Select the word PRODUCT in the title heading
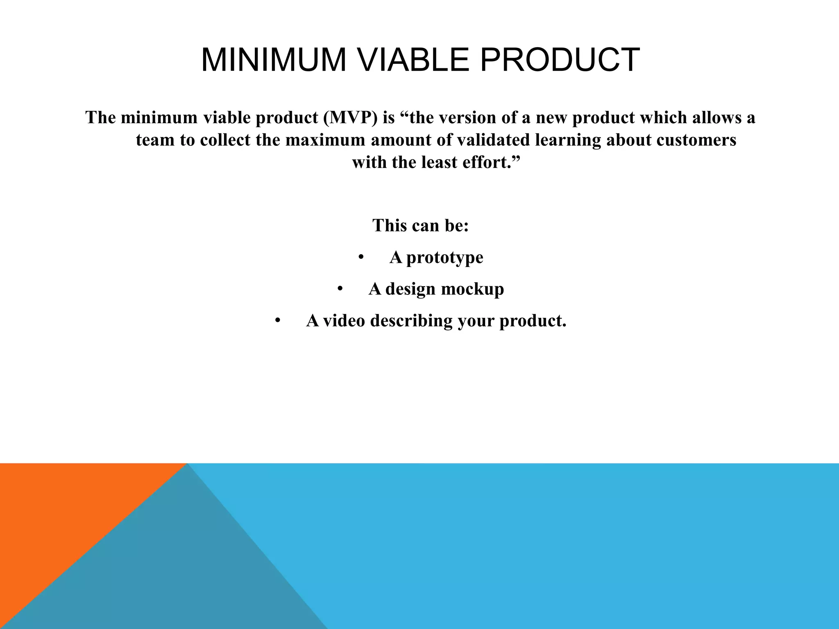point(559,60)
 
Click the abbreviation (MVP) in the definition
point(350,118)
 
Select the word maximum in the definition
point(325,140)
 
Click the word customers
point(696,140)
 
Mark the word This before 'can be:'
point(388,226)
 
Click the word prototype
point(444,258)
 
